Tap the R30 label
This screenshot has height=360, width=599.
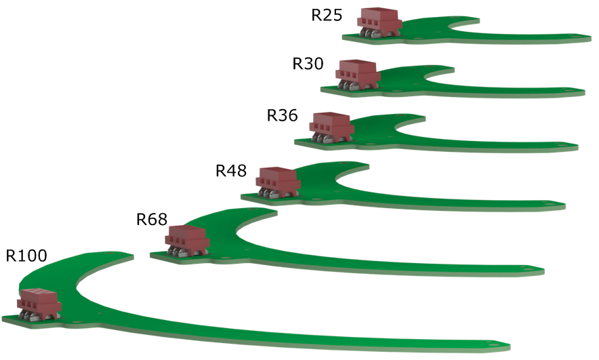(308, 64)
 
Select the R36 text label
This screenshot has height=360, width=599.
(282, 115)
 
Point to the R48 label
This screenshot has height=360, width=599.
(231, 170)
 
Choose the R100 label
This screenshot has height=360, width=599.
(26, 256)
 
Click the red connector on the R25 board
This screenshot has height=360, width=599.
(379, 20)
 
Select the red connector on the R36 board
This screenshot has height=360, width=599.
(331, 125)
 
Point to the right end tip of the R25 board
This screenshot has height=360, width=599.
(585, 39)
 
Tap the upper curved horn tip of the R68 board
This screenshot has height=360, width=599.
(272, 212)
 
